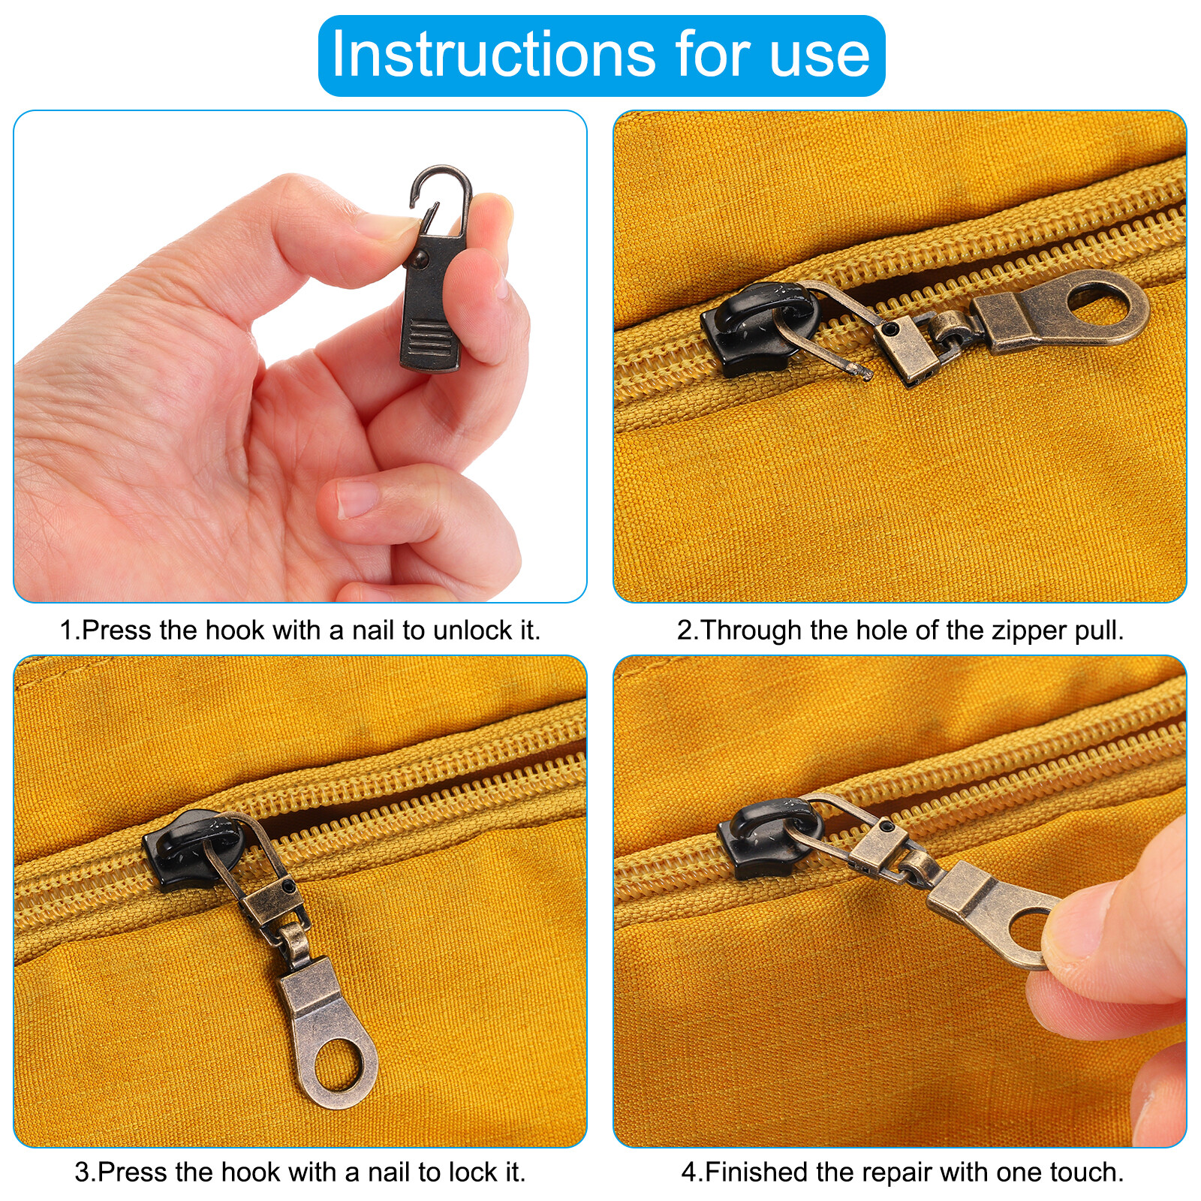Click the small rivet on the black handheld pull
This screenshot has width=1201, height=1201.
[418, 258]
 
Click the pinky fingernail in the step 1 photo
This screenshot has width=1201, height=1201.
[357, 498]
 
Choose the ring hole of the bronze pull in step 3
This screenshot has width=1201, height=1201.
[336, 1066]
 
